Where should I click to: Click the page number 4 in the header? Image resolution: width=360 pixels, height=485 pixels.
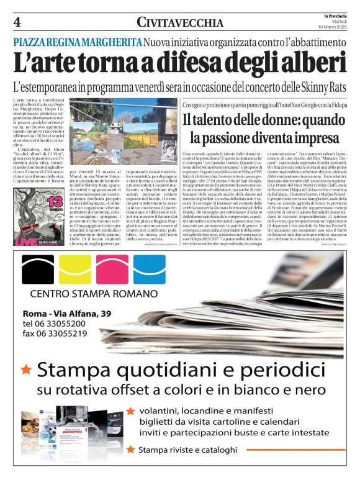17,23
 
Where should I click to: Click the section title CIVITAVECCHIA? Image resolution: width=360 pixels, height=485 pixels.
180,23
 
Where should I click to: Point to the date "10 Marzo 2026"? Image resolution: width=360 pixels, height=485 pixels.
332,27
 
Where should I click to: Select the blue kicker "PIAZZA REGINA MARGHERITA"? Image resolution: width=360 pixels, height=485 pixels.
77,42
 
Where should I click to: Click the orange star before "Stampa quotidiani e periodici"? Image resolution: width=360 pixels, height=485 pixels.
26,369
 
